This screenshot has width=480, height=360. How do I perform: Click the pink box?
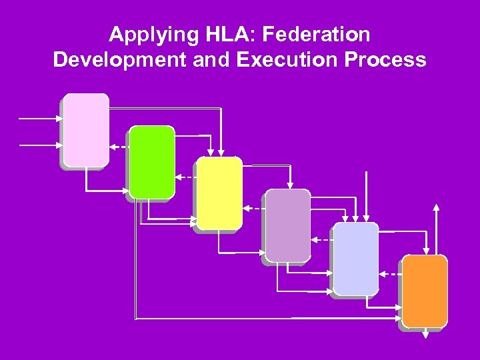(x=86, y=129)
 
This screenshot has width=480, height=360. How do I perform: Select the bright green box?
(x=152, y=162)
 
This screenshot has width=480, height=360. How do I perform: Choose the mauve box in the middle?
(x=288, y=225)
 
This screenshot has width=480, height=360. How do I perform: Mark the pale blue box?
(x=356, y=258)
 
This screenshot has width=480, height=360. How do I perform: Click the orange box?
(x=425, y=291)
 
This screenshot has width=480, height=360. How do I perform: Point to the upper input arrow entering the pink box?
(x=40, y=119)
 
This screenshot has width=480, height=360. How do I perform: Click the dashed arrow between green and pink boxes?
(x=119, y=147)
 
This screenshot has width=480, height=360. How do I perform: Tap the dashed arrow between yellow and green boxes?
(x=186, y=177)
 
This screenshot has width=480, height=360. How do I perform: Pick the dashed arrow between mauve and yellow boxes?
(x=253, y=209)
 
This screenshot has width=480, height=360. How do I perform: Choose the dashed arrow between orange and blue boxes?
(x=391, y=273)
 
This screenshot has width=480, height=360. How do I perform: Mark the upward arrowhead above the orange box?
(x=436, y=207)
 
